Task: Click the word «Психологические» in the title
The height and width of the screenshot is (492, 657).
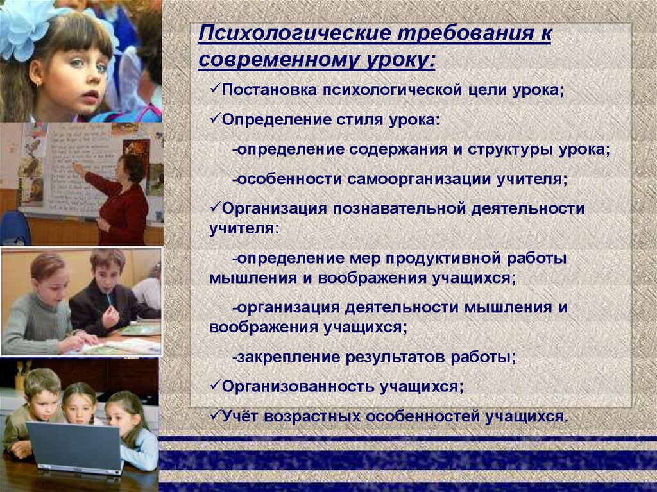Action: (x=294, y=33)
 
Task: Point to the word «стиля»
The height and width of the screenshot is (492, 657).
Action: (x=359, y=120)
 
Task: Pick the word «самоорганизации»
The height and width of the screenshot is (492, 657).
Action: (x=420, y=180)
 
